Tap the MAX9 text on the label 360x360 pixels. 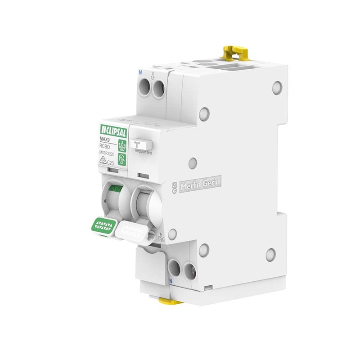pyautogui.click(x=105, y=140)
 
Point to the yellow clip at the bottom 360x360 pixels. pyautogui.click(x=171, y=300)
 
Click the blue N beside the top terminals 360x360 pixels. pyautogui.click(x=140, y=72)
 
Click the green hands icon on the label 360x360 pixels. pyautogui.click(x=122, y=145)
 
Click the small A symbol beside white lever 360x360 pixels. pyautogui.click(x=161, y=234)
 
